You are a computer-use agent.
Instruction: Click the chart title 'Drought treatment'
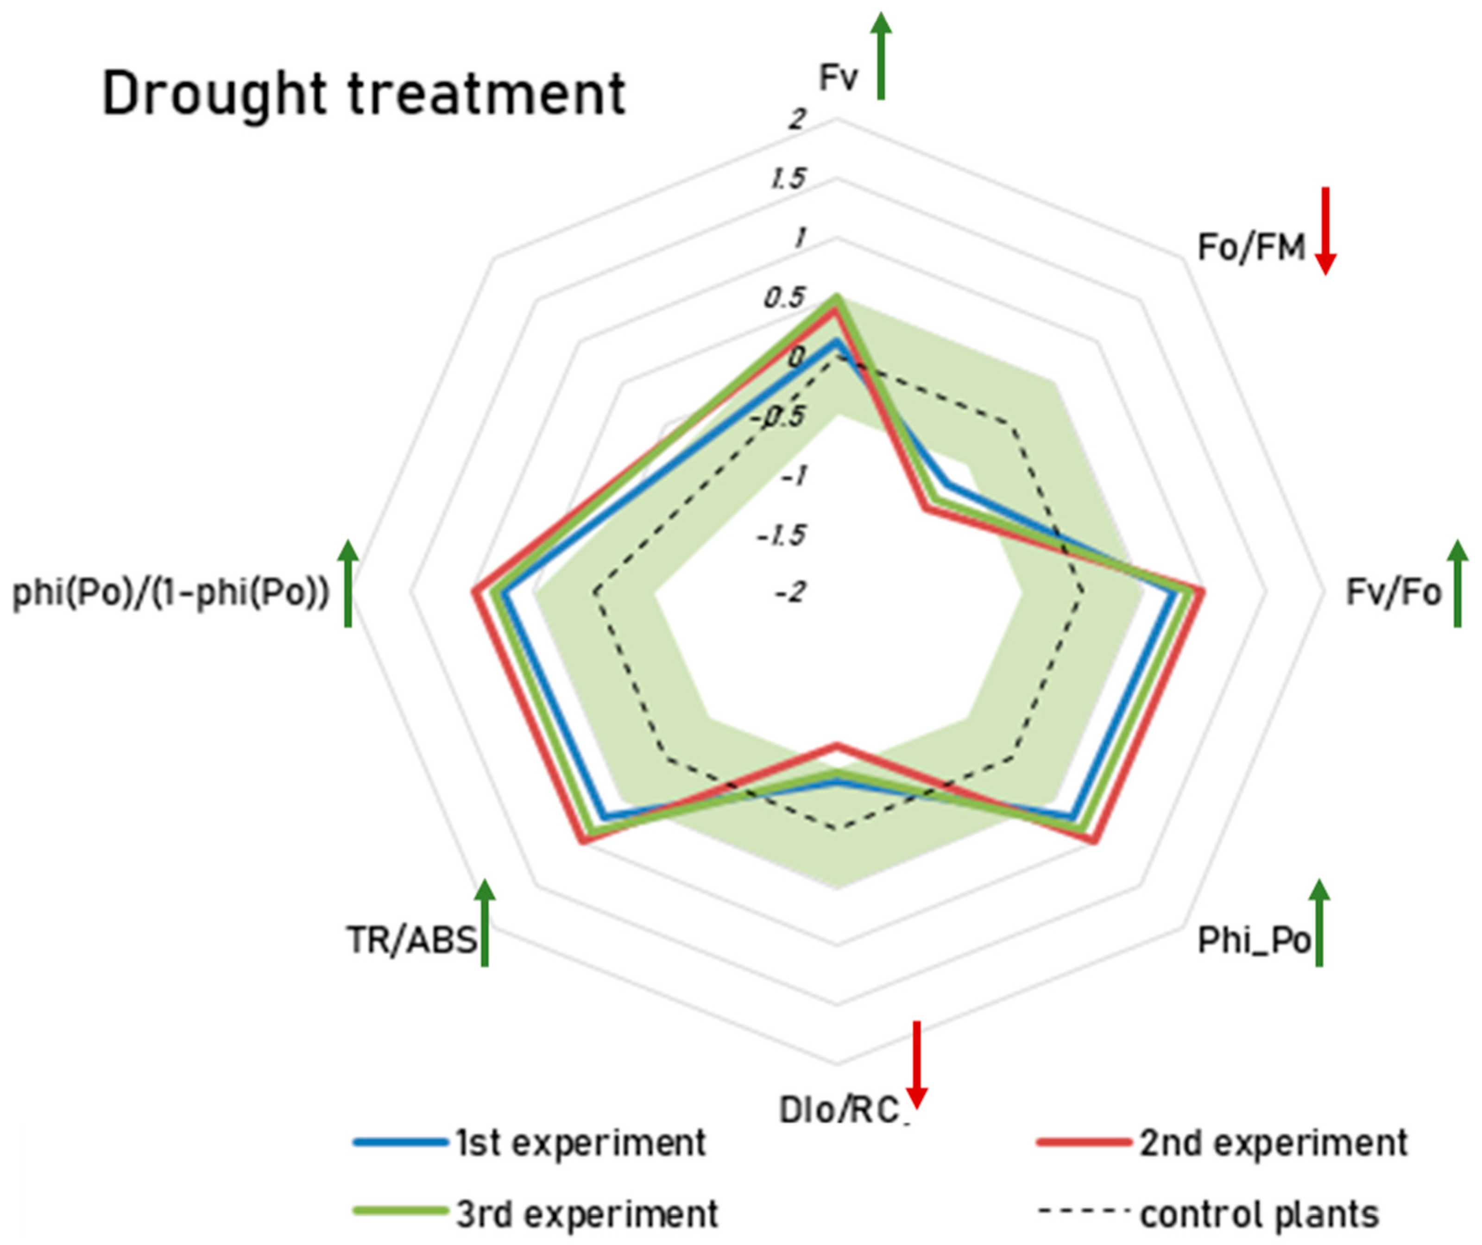point(364,94)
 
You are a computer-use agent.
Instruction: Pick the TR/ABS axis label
point(412,940)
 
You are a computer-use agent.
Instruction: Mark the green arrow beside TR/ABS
point(485,923)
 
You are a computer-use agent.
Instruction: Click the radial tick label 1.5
point(788,179)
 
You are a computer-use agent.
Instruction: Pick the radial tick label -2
point(790,591)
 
